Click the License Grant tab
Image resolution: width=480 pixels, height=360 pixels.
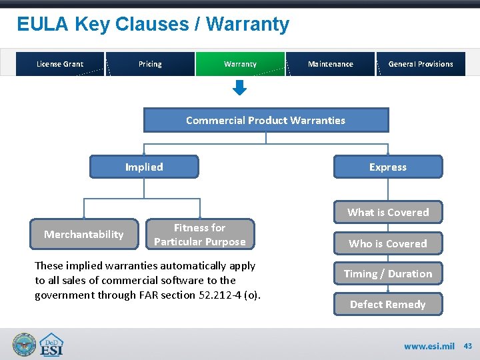[x=60, y=64]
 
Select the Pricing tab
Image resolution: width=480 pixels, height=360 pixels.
[x=150, y=64]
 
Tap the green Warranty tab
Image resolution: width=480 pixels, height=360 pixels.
[x=240, y=64]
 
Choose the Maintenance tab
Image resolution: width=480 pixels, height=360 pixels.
[x=331, y=64]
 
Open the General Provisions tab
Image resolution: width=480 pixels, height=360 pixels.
[x=421, y=64]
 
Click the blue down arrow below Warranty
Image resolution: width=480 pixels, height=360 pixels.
[x=240, y=88]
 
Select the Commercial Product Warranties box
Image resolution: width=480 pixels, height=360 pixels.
[x=266, y=121]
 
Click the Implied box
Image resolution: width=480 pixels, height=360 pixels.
[x=144, y=167]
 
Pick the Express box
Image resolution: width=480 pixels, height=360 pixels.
[x=388, y=167]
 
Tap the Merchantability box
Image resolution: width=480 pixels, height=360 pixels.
[x=84, y=234]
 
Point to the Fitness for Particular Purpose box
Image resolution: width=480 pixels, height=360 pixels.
[x=200, y=235]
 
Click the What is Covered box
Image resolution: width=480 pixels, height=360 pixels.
[x=388, y=212]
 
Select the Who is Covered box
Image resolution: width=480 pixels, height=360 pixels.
[x=388, y=243]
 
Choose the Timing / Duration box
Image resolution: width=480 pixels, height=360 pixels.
[x=388, y=273]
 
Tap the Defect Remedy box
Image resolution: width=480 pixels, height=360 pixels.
[x=388, y=304]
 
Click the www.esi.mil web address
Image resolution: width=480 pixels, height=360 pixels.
[x=429, y=346]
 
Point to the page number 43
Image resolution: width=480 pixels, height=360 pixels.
[x=468, y=346]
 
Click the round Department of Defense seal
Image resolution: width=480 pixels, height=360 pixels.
[x=25, y=345]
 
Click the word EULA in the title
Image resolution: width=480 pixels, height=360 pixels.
[x=43, y=25]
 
